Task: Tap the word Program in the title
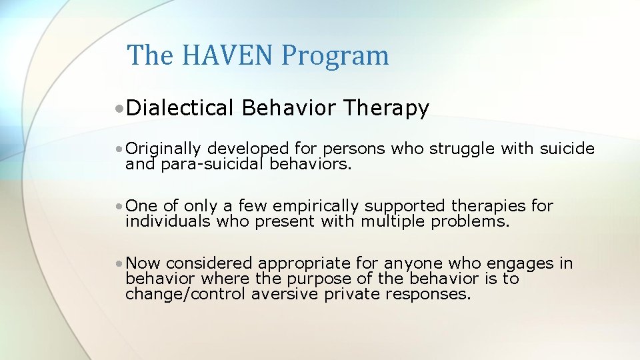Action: (335, 56)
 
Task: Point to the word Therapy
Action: (386, 108)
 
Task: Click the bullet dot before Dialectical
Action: (117, 109)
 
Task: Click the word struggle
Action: (459, 149)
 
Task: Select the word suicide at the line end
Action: (567, 149)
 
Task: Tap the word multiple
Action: (392, 221)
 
